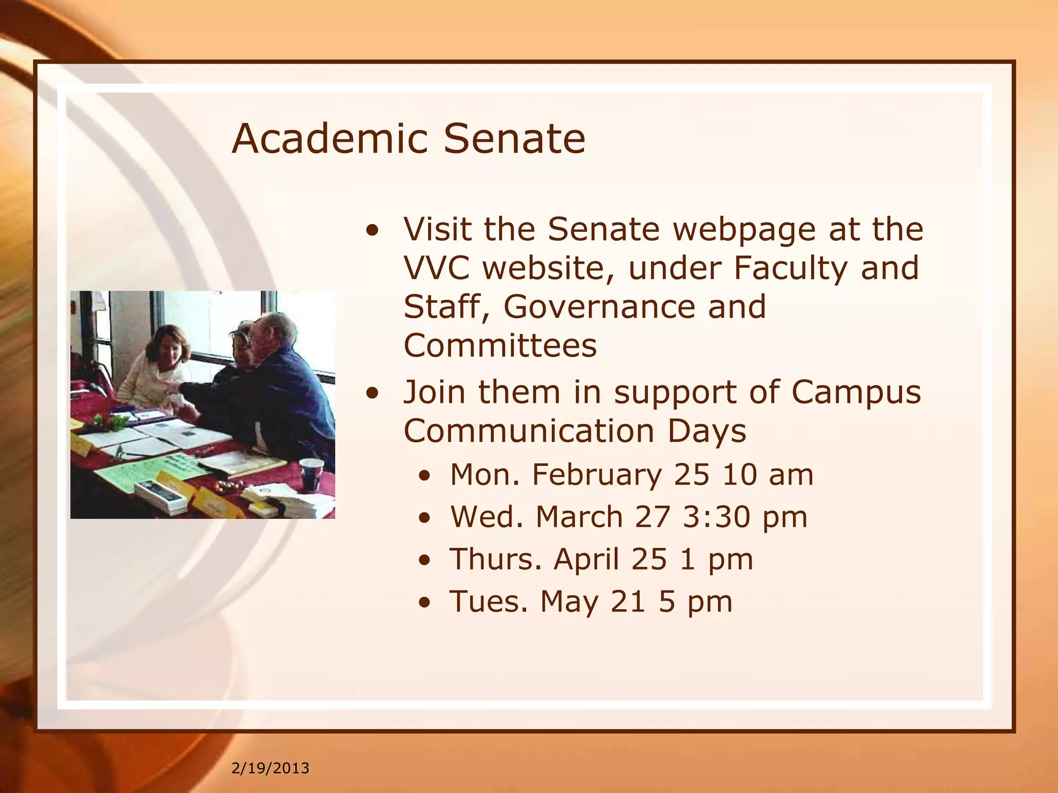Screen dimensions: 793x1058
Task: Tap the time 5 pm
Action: coord(695,601)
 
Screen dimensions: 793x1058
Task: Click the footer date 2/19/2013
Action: coord(270,768)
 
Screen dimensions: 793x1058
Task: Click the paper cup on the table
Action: coord(312,473)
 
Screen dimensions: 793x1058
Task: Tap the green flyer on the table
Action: coord(150,472)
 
